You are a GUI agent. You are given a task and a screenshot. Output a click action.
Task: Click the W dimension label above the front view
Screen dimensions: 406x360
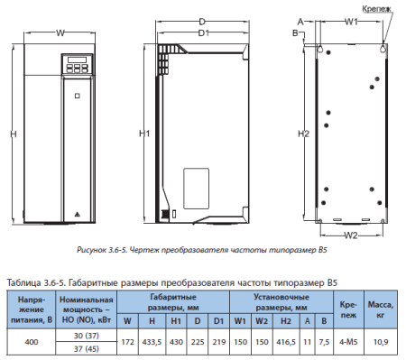60,32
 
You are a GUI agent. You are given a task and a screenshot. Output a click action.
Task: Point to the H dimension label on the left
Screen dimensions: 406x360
14,134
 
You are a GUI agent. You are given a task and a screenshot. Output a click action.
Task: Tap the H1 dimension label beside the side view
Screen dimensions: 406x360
144,134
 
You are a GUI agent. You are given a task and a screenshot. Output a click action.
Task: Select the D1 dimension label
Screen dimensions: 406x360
204,32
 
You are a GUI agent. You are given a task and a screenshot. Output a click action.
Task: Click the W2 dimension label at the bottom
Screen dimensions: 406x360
351,235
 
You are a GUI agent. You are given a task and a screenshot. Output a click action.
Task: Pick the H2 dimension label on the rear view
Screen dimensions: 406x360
303,134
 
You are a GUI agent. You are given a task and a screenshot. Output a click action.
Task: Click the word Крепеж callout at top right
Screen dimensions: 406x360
376,9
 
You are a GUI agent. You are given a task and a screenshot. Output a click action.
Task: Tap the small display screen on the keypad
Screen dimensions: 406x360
78,60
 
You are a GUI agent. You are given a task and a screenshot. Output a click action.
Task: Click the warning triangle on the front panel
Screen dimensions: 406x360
78,215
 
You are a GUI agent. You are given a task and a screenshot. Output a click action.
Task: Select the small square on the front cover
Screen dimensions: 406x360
78,96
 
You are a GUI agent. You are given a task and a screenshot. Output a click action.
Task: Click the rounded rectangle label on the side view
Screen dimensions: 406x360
196,189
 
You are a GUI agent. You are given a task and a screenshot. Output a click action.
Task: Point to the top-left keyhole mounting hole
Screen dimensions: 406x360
320,49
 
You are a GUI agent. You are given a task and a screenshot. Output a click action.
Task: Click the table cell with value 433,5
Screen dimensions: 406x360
152,342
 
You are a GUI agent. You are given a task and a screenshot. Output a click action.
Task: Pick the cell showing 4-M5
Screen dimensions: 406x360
348,342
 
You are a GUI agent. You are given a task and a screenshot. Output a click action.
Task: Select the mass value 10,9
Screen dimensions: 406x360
381,342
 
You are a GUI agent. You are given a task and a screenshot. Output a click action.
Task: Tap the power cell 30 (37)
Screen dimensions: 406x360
87,336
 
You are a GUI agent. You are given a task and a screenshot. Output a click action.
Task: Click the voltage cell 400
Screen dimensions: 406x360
32,342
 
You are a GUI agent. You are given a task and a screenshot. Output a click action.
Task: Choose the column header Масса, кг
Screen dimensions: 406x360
381,309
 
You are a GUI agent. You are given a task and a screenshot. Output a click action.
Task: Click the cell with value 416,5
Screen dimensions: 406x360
286,342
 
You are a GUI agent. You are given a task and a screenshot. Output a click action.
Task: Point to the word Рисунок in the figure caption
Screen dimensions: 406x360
91,250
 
